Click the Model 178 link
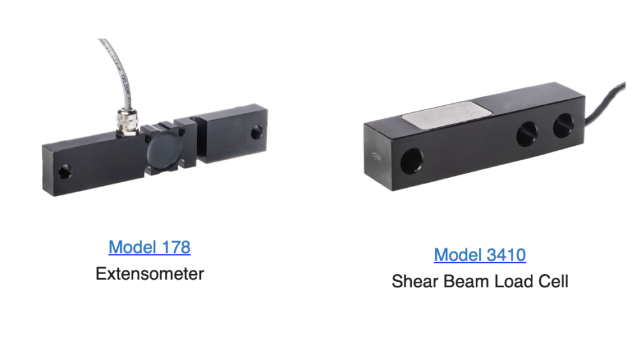pos(150,247)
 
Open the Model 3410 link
pos(480,255)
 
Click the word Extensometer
pos(150,274)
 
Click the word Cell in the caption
pos(553,282)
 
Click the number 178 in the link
pos(176,247)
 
